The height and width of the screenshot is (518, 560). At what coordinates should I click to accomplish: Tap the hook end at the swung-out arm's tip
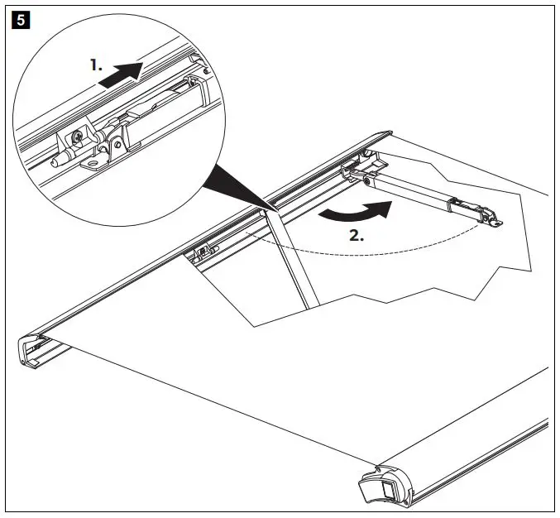point(495,219)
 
